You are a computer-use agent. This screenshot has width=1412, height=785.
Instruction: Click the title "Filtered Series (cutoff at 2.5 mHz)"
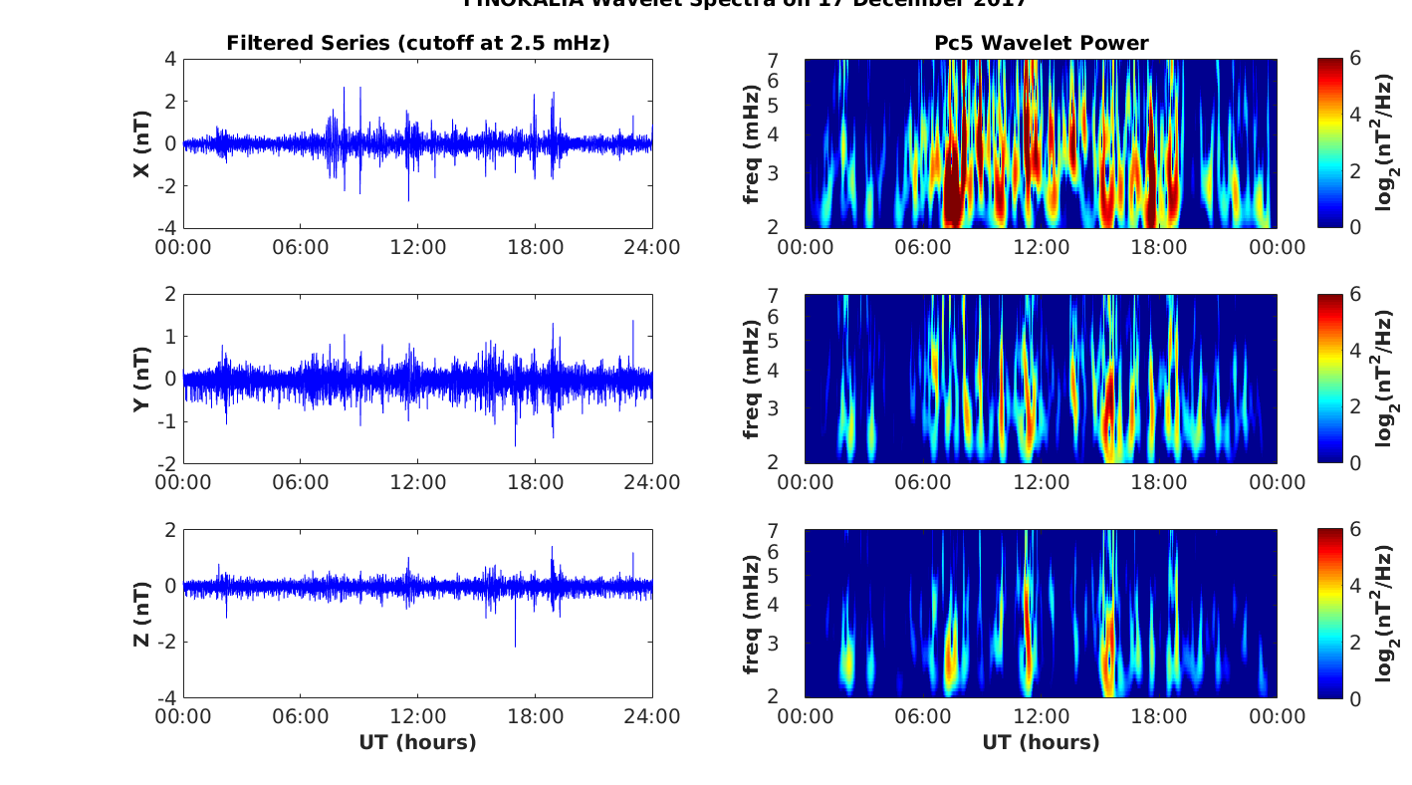click(x=417, y=43)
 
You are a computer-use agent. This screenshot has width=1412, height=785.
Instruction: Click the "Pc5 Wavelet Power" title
click(x=1041, y=43)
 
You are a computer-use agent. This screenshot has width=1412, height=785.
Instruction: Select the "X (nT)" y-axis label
click(x=142, y=143)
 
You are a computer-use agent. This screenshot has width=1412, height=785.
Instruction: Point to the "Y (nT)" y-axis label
click(x=142, y=379)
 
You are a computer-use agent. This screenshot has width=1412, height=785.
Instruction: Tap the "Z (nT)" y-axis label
click(x=142, y=614)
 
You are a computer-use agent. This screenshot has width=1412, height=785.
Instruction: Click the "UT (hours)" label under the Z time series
click(x=417, y=742)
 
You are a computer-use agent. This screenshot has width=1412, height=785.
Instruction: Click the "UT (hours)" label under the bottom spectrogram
click(x=1041, y=742)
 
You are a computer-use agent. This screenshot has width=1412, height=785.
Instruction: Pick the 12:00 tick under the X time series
click(x=417, y=247)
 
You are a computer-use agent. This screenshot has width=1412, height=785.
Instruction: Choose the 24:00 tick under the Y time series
click(x=652, y=482)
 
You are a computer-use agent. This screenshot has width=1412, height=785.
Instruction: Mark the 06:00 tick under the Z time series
click(x=301, y=717)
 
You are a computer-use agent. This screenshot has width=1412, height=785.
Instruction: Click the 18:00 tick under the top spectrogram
click(x=1159, y=247)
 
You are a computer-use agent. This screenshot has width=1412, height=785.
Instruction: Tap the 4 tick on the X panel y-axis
click(x=170, y=59)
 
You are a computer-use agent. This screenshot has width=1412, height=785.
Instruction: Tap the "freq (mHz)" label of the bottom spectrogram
click(x=752, y=614)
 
